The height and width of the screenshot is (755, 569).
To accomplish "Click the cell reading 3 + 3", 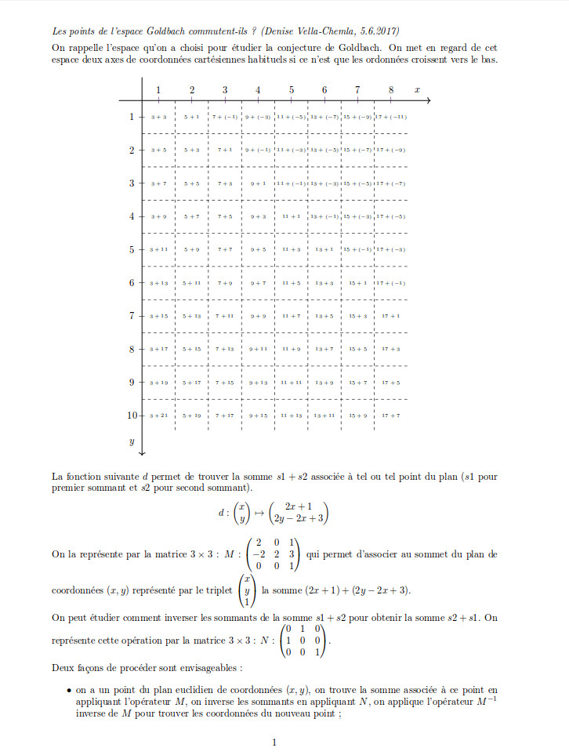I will [x=158, y=117].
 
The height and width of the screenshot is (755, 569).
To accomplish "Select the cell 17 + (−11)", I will [x=390, y=117].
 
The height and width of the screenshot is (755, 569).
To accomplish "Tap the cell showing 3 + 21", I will [x=158, y=415].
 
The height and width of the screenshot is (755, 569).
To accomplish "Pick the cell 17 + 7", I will [x=390, y=415].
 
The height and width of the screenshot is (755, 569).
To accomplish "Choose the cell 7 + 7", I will [x=225, y=249].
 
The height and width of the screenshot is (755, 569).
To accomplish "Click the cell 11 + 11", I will [x=292, y=382].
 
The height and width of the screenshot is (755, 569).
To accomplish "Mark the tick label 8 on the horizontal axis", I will [x=390, y=89].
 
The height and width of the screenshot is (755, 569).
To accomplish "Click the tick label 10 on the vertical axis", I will [x=132, y=415].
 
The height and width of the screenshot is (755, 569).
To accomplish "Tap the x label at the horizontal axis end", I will [x=417, y=90].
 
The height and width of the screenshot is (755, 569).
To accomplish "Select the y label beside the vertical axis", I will [x=132, y=441].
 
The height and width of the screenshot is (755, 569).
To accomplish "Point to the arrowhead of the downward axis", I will [x=142, y=452].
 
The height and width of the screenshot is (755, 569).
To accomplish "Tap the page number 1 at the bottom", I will [x=274, y=742].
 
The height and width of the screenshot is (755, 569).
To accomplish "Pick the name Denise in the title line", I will [x=278, y=31].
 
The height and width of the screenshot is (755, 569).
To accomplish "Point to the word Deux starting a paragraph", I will [x=63, y=668].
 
